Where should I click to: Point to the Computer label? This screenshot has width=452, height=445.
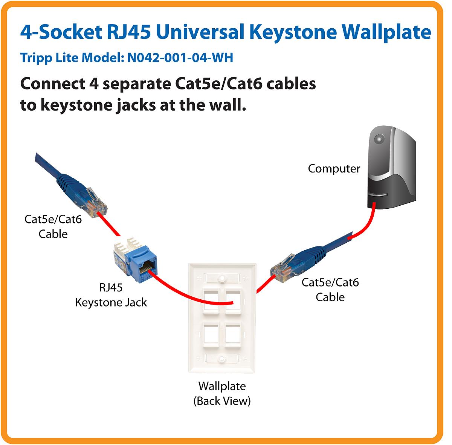coord(334,169)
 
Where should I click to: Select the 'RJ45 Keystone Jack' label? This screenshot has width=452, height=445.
coord(111,295)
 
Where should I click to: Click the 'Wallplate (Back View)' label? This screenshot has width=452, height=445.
coord(222,393)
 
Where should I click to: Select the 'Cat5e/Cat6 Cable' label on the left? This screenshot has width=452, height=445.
coord(53,226)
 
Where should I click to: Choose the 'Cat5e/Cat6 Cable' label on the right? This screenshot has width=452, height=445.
coord(330,289)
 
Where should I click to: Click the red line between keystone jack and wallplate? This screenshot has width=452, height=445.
coord(181,294)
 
